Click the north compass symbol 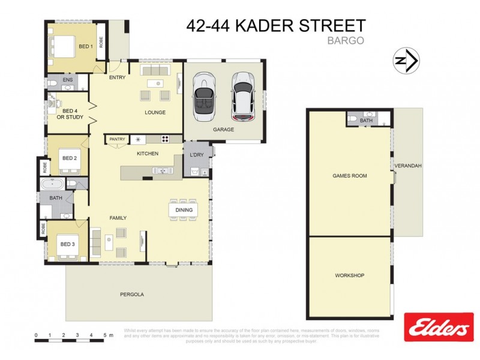406,60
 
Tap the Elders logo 437,328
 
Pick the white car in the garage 242,96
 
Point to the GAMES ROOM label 349,176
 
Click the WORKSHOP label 349,275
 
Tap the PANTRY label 118,139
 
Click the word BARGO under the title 345,41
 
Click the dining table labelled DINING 184,209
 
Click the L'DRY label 196,154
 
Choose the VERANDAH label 407,166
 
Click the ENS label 68,80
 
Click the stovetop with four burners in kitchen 164,140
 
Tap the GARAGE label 223,129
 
